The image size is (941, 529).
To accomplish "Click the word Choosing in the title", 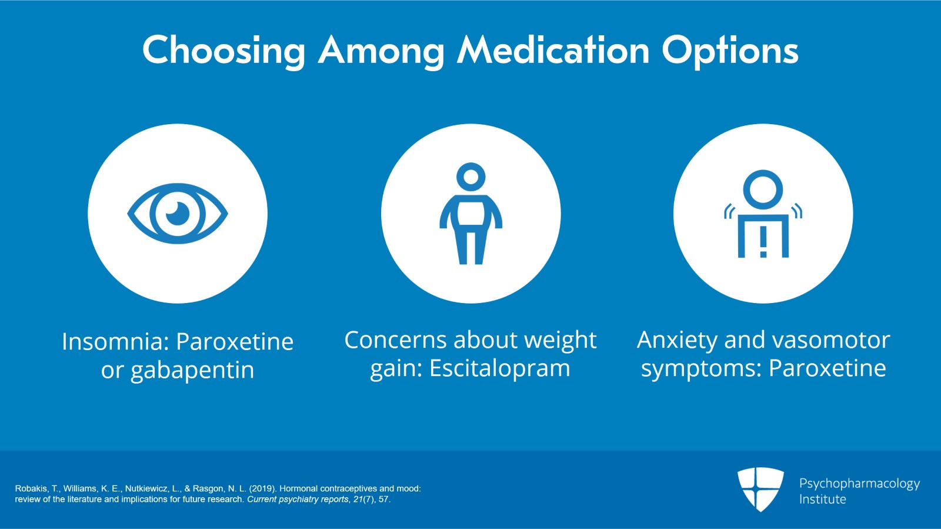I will [x=223, y=51].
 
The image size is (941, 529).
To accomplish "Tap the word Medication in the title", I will [x=553, y=50].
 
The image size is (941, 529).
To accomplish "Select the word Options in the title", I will [x=730, y=51].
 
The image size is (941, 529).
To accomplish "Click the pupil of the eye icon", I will [x=178, y=213].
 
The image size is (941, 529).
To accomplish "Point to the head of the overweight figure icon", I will [x=470, y=176].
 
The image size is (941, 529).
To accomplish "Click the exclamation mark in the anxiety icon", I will [x=763, y=242].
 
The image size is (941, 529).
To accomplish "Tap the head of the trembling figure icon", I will [x=763, y=189].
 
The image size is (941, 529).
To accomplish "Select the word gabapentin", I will [x=192, y=371].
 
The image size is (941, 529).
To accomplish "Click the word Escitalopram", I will [x=499, y=369].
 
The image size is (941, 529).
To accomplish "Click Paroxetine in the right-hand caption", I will [x=827, y=368].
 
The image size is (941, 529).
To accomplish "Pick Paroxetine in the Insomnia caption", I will [x=235, y=342].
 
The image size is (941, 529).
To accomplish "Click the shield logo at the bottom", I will [x=760, y=488].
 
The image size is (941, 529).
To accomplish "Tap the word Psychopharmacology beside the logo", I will [x=859, y=484].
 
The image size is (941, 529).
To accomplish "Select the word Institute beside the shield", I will [x=822, y=499].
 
